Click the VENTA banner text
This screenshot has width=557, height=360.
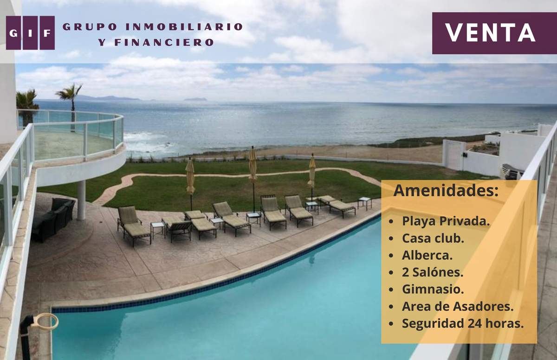tap(490, 33)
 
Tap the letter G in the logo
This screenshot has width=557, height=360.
tap(13, 33)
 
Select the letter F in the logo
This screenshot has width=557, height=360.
tap(47, 33)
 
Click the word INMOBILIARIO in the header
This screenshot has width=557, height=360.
tap(184, 27)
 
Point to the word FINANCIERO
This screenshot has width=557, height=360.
tap(164, 43)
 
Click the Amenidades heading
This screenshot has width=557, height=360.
tap(446, 191)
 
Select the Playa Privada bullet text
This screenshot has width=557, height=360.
tap(446, 221)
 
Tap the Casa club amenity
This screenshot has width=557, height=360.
tap(433, 238)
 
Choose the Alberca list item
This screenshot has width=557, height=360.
tap(427, 255)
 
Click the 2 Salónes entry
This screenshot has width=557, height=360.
tap(433, 272)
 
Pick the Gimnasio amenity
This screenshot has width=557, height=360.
tap(433, 289)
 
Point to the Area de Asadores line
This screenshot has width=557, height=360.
tap(458, 306)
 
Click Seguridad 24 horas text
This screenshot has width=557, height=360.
tap(463, 323)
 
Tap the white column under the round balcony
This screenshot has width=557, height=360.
tap(81, 200)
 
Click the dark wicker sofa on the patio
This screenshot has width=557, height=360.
tap(53, 220)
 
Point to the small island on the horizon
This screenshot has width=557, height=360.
tap(195, 99)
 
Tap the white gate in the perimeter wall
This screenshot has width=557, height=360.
tap(453, 155)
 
